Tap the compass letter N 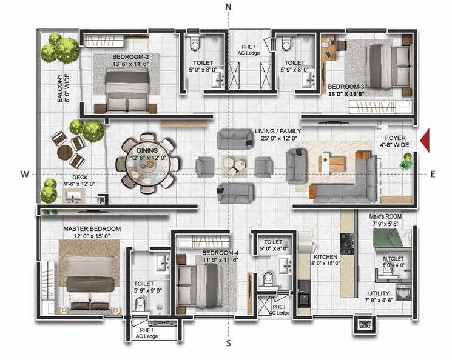click(229, 7)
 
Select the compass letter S click(229, 344)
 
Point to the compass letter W click(24, 175)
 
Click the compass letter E click(433, 175)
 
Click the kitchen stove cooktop click(348, 242)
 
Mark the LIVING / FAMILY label click(278, 131)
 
